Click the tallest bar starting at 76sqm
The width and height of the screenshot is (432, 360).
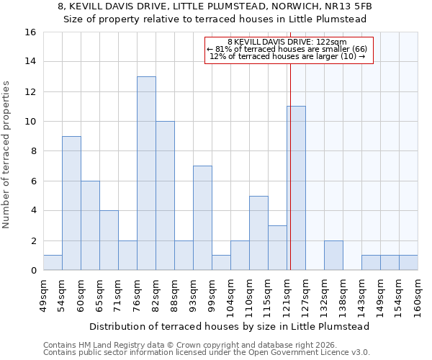(x=146, y=174)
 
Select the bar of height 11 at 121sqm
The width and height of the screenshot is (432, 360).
(x=296, y=188)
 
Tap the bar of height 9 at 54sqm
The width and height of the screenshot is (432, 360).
(x=71, y=203)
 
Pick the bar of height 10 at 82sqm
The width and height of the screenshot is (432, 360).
(x=165, y=196)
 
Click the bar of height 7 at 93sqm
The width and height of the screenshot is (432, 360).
(x=202, y=218)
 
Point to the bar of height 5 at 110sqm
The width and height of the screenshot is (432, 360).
(x=258, y=233)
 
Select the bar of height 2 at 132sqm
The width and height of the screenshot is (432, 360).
(x=333, y=256)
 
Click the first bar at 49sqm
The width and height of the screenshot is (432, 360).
(x=53, y=263)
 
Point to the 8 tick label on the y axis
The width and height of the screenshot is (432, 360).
(x=32, y=151)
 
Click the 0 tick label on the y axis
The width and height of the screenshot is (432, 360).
(x=32, y=271)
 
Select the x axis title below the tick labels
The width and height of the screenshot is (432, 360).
(x=230, y=326)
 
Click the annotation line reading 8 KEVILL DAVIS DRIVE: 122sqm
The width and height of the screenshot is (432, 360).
(x=287, y=42)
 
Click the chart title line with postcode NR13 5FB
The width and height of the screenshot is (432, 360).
(x=215, y=6)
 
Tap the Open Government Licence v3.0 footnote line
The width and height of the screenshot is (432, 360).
(x=207, y=353)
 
